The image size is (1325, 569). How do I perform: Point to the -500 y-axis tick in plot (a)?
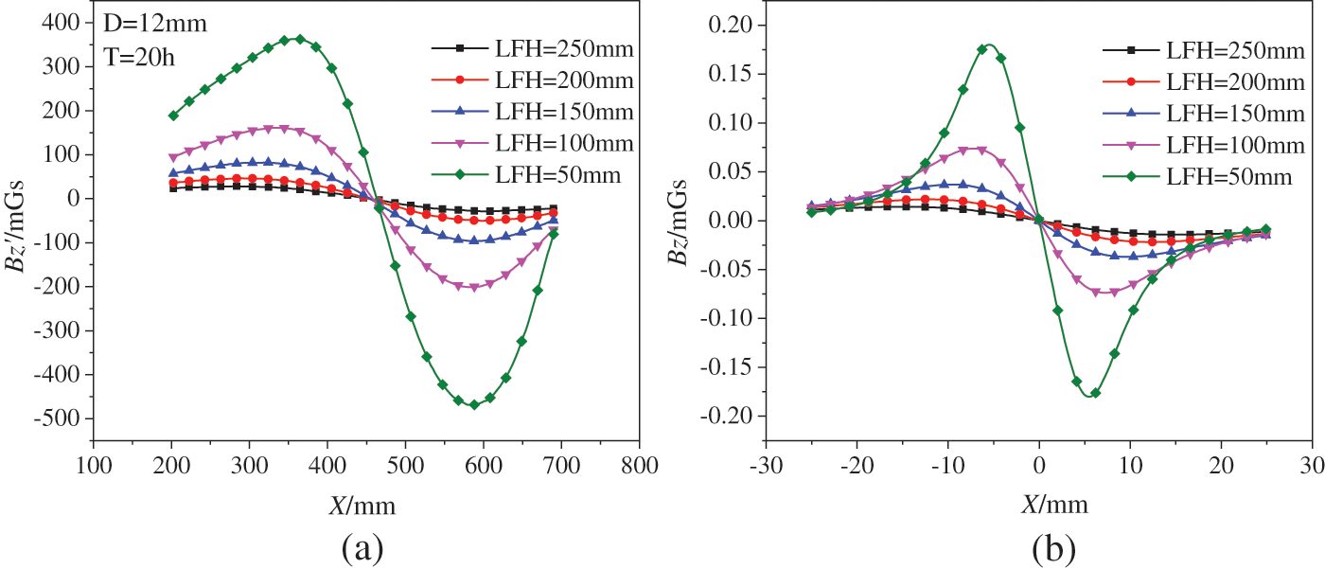pyautogui.click(x=60, y=418)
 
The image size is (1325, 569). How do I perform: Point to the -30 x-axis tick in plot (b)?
pyautogui.click(x=766, y=465)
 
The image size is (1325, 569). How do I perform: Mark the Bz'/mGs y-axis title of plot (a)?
pyautogui.click(x=21, y=227)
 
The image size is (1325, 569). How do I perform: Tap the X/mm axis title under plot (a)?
pyautogui.click(x=362, y=505)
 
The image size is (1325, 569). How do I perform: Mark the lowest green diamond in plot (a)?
pyautogui.click(x=474, y=404)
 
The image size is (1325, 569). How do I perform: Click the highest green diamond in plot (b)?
pyautogui.click(x=982, y=49)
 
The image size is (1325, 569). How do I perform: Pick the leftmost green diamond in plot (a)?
pyautogui.click(x=173, y=116)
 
